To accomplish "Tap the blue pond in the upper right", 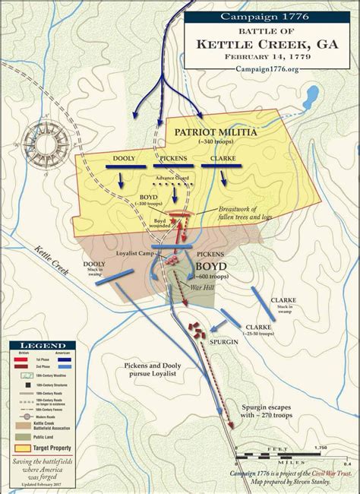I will [x=311, y=97].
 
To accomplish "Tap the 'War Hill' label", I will [x=202, y=289].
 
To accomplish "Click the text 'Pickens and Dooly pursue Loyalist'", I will [x=151, y=369].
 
